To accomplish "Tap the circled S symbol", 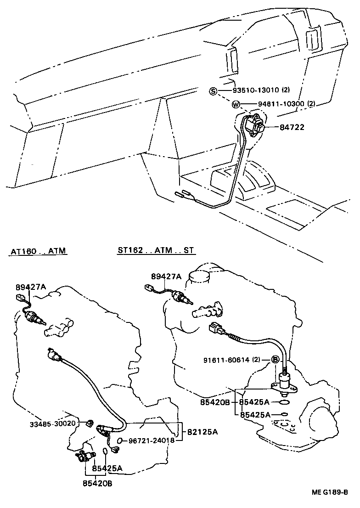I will [x=213, y=91].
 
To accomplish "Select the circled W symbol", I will [x=236, y=104].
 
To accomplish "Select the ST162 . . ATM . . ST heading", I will [x=156, y=251].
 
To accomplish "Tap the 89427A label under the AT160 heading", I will [x=31, y=287].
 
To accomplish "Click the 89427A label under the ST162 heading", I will [x=166, y=276].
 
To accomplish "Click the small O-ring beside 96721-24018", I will [x=119, y=441].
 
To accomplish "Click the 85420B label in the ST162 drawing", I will [x=215, y=403].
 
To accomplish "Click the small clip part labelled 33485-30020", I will [x=90, y=423].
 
